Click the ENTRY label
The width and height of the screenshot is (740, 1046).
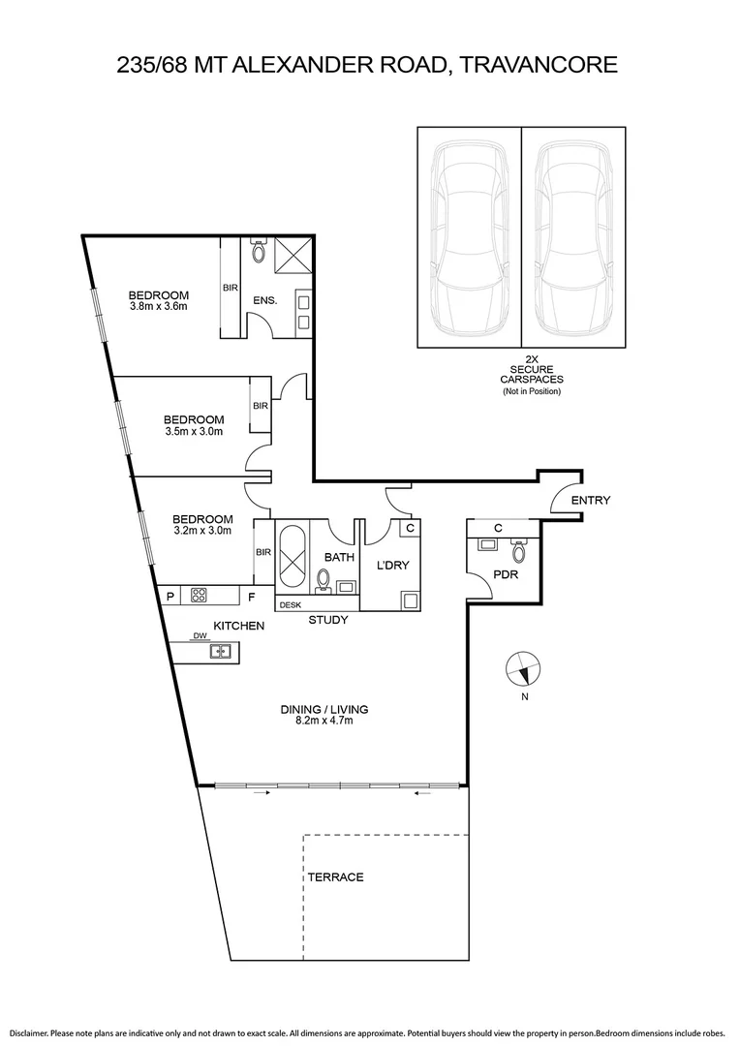point(591,500)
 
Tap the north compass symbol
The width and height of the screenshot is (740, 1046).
point(524,668)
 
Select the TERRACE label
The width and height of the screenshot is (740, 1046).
point(335,877)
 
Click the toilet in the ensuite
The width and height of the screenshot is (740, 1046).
point(258,252)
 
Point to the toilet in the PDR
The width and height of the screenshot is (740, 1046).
point(519,552)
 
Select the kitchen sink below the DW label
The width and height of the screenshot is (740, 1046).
point(222,652)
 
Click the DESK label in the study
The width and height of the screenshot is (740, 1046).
point(289,605)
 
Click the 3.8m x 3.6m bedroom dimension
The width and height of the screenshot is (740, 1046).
point(158,307)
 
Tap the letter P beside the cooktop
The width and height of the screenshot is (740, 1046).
point(171,597)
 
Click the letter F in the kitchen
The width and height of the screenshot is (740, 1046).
point(251,597)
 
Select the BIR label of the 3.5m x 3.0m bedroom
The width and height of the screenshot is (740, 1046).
point(260,405)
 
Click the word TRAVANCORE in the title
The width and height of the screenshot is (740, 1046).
point(538,65)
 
